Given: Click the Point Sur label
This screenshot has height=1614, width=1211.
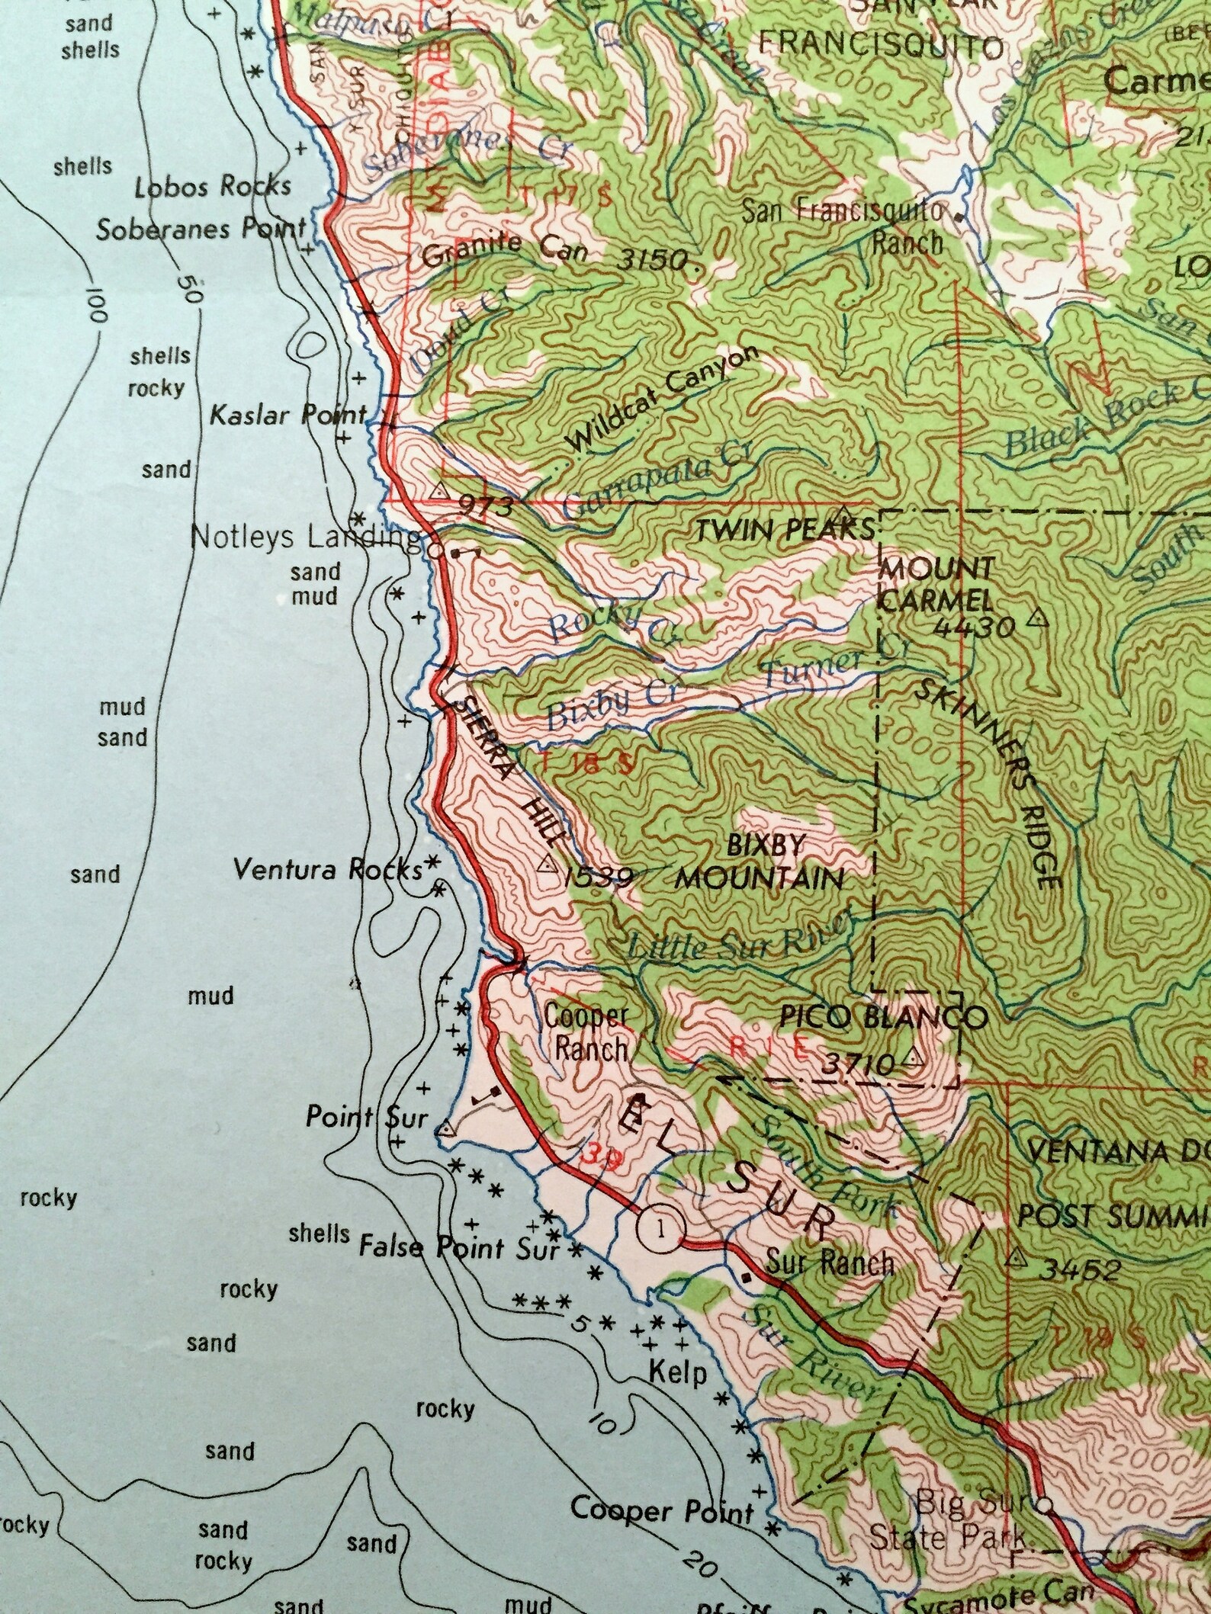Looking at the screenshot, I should click(x=367, y=1118).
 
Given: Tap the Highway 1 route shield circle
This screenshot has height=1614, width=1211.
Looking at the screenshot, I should click(x=660, y=1227).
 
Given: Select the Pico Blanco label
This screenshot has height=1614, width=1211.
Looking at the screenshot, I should click(x=883, y=1016).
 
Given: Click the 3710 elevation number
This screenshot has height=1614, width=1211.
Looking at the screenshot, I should click(x=856, y=1064).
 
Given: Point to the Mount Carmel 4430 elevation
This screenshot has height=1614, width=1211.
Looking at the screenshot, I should click(x=975, y=627).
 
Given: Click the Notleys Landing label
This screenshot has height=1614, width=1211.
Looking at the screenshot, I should click(x=305, y=537).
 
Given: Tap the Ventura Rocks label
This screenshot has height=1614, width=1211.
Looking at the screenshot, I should click(x=328, y=869).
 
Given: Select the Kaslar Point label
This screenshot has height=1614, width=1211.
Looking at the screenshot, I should click(x=288, y=416).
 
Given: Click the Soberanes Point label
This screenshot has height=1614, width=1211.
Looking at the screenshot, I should click(x=201, y=229).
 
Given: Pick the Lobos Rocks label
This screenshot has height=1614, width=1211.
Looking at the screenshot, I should click(x=213, y=186).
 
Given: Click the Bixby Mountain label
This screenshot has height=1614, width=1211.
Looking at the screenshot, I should click(x=760, y=862).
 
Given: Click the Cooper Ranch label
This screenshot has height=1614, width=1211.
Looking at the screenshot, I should click(x=586, y=1032).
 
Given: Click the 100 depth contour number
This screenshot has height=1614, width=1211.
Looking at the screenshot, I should click(x=99, y=304).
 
